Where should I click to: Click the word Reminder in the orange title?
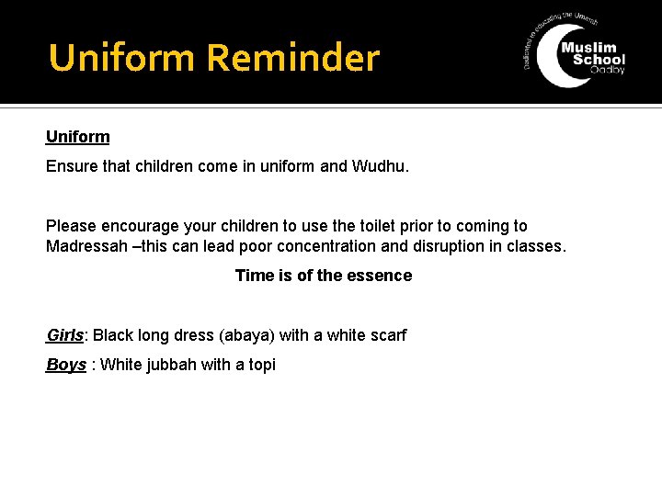(x=292, y=58)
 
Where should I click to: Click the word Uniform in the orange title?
(x=123, y=58)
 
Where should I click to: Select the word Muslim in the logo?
(x=593, y=47)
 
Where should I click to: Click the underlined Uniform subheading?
(x=77, y=137)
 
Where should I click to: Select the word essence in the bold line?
(x=380, y=276)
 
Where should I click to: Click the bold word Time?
(x=254, y=276)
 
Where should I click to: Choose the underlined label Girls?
(x=65, y=335)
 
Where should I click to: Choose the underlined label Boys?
(x=65, y=365)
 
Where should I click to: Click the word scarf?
(x=386, y=335)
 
